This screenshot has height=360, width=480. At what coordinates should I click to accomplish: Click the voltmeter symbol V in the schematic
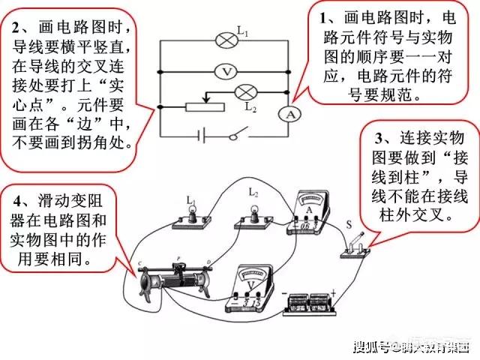[225, 72]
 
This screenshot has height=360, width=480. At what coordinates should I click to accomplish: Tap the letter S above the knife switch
[347, 223]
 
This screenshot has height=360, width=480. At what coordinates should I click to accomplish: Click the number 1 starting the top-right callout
[324, 17]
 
